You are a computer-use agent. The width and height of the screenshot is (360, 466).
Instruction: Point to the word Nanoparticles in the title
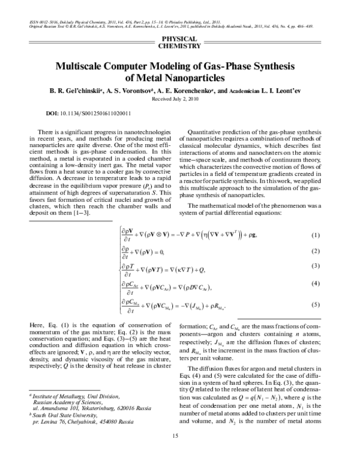tap(195, 77)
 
